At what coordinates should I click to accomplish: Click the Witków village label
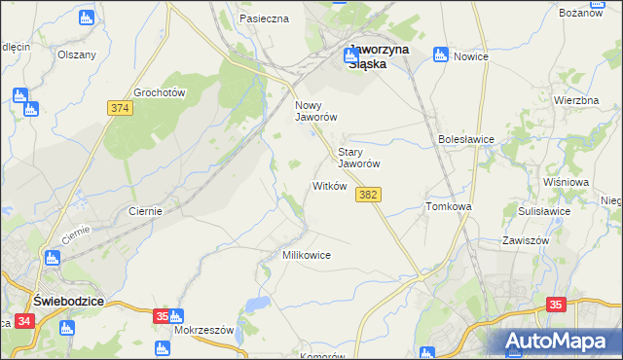click(329, 186)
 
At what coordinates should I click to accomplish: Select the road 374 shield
click(120, 109)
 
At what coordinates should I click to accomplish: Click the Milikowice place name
click(306, 255)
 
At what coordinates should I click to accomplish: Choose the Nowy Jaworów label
click(315, 110)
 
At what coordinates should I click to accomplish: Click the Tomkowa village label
click(449, 207)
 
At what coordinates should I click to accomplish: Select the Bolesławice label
click(467, 139)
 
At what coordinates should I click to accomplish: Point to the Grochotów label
click(160, 92)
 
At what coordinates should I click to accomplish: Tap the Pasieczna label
click(264, 18)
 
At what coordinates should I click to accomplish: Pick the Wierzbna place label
click(575, 101)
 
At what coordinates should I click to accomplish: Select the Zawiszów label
click(526, 240)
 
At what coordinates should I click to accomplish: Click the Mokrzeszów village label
click(204, 330)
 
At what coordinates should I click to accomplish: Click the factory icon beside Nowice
click(441, 54)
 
